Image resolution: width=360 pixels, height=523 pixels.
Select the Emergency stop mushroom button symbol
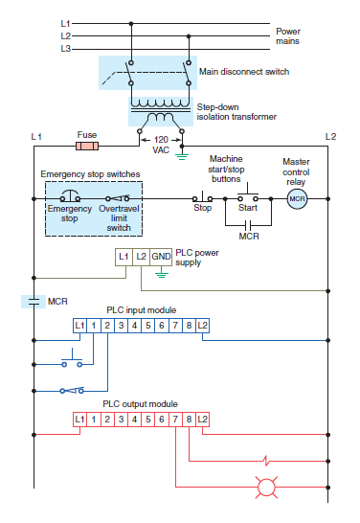[63, 196]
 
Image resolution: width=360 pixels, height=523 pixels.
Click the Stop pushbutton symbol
[203, 196]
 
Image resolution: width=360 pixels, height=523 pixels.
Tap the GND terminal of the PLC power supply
[160, 257]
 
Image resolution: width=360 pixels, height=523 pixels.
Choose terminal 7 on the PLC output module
[176, 420]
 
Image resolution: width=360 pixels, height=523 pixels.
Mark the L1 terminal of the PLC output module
[80, 420]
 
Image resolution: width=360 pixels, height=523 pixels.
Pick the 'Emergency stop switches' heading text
[91, 174]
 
